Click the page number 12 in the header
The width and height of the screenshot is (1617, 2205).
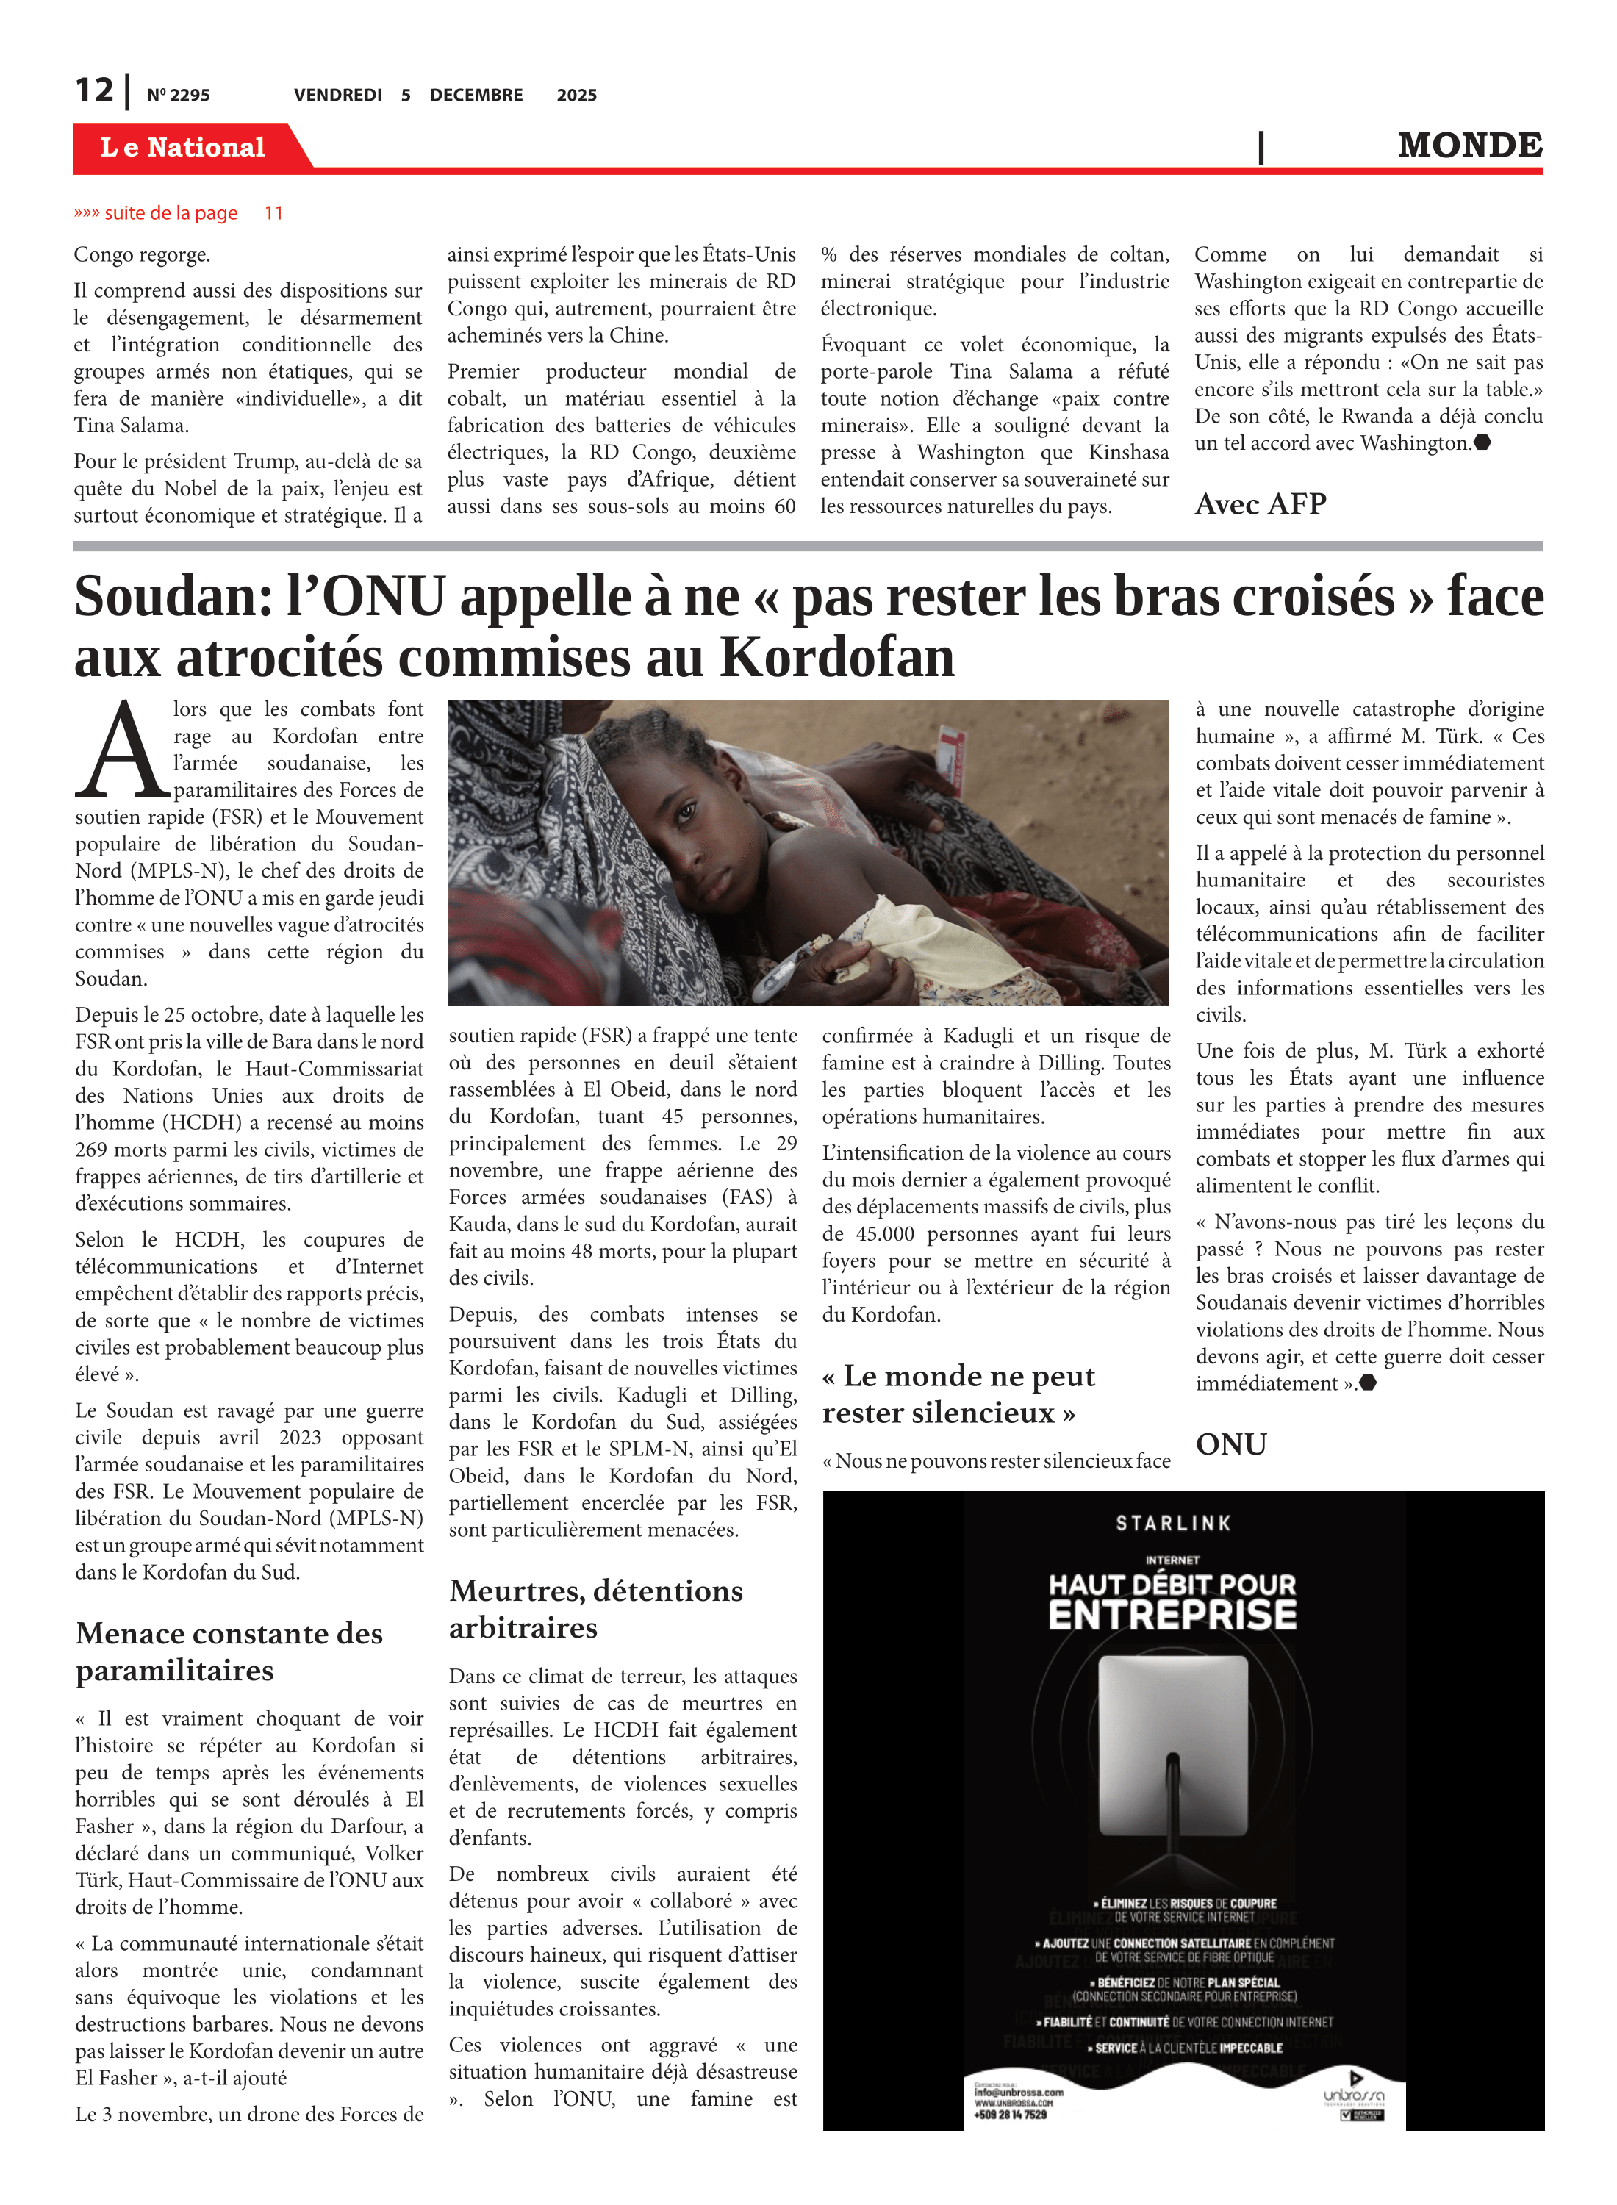94,91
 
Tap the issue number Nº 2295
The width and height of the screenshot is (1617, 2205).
178,96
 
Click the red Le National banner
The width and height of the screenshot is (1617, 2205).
183,148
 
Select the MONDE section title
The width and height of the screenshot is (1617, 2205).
1469,146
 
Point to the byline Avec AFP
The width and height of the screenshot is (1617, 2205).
1260,504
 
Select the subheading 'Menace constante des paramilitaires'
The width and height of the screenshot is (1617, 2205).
229,1651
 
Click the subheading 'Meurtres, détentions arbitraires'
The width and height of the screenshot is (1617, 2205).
595,1608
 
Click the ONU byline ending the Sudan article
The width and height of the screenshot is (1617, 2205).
1231,1444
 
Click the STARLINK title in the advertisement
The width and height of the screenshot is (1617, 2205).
1172,1523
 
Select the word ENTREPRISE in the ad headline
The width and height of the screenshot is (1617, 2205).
1172,1615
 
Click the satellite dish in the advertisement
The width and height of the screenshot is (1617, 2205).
1172,1752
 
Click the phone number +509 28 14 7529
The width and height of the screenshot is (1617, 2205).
1010,2115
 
